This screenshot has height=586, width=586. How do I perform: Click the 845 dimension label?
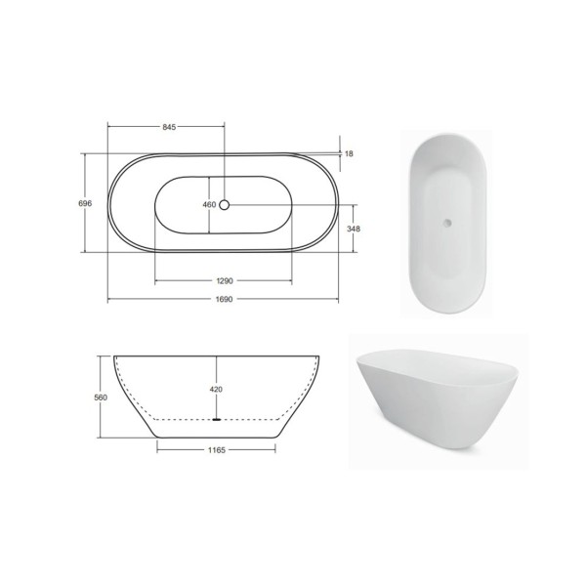(x=169, y=127)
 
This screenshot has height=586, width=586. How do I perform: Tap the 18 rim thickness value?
(x=349, y=153)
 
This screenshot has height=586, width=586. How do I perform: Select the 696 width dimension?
(x=85, y=203)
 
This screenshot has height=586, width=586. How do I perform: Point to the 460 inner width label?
(x=209, y=205)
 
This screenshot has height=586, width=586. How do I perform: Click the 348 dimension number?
(x=354, y=229)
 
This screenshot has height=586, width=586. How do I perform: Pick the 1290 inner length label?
(x=225, y=280)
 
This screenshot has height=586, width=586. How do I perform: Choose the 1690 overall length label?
(x=225, y=300)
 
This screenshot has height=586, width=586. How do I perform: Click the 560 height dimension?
(x=101, y=398)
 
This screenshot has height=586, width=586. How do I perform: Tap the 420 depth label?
(x=216, y=390)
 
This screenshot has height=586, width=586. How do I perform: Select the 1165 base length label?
(x=217, y=450)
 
